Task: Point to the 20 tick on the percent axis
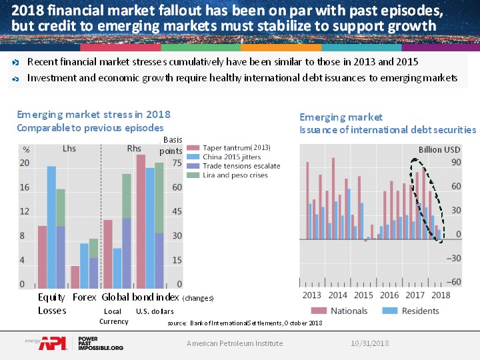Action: coord(25,163)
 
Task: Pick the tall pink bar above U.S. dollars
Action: coord(141,221)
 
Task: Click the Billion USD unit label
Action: coord(439,150)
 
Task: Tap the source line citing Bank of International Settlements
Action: coord(245,323)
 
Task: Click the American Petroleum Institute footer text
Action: coord(235,343)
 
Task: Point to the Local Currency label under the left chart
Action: coord(113,316)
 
